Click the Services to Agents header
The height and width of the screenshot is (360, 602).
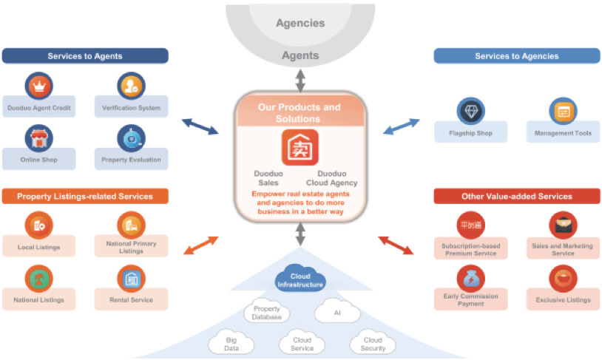click(x=85, y=56)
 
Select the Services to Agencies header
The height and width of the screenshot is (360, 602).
click(x=516, y=56)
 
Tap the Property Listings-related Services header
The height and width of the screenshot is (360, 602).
click(x=85, y=196)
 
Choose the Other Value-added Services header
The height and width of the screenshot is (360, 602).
click(x=516, y=196)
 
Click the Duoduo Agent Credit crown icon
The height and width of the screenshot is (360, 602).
click(x=39, y=86)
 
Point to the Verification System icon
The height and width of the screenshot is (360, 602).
click(x=131, y=86)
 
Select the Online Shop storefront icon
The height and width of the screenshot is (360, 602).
click(x=39, y=137)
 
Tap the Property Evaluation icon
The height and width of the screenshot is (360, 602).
click(x=131, y=137)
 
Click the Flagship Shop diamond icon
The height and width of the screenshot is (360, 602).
click(x=471, y=111)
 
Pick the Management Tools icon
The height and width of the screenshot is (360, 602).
click(x=563, y=111)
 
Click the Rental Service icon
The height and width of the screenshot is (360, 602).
click(x=131, y=278)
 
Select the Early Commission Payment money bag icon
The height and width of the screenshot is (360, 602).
click(x=470, y=278)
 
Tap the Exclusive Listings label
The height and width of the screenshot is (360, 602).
click(x=563, y=300)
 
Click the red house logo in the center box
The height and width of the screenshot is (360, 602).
click(x=300, y=147)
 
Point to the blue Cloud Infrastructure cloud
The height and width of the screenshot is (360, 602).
click(x=300, y=280)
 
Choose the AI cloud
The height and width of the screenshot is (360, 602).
click(x=337, y=311)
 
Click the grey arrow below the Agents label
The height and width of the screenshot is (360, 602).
click(x=300, y=79)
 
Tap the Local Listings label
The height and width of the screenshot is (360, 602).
click(x=39, y=247)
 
